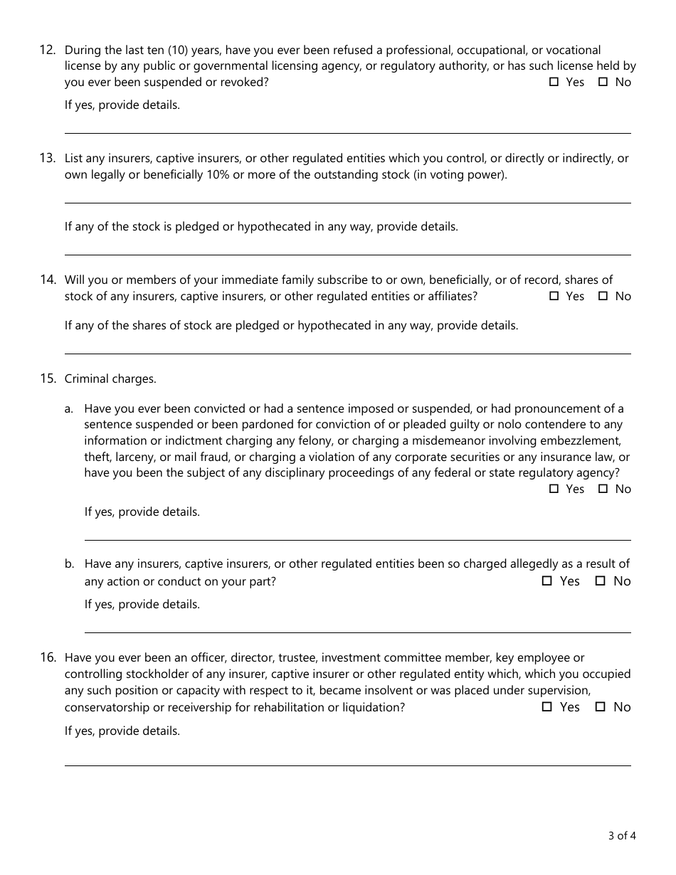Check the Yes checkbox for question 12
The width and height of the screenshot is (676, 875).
coord(554,83)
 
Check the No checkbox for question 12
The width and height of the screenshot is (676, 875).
coord(603,83)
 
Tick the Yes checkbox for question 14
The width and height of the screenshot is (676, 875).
coord(554,297)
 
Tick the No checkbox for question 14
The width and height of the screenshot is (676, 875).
coord(603,297)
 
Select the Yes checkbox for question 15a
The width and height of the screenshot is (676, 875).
coord(554,489)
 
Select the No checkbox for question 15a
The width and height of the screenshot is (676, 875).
coord(603,489)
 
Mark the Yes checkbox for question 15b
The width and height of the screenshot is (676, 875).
coord(547,581)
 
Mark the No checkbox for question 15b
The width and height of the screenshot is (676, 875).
coord(601,581)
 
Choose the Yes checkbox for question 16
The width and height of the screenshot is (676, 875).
coord(547,707)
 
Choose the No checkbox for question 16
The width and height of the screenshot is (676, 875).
coord(601,707)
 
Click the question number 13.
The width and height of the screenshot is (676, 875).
coord(48,158)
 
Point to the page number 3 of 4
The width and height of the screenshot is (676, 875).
coord(622,836)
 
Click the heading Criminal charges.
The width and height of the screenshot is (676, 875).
coord(110,379)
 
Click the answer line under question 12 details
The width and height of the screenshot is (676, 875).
coord(347,132)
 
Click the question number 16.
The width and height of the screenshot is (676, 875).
coord(48,657)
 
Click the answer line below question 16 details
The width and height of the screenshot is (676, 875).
coord(347,765)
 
